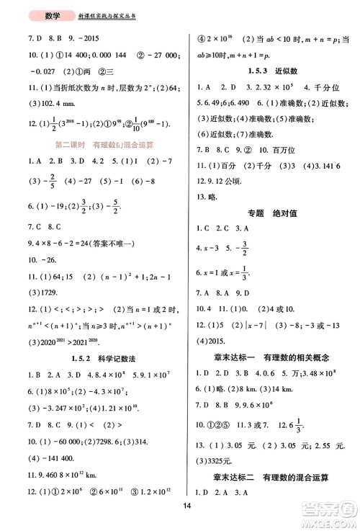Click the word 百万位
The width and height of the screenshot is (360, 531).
coord(295,168)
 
